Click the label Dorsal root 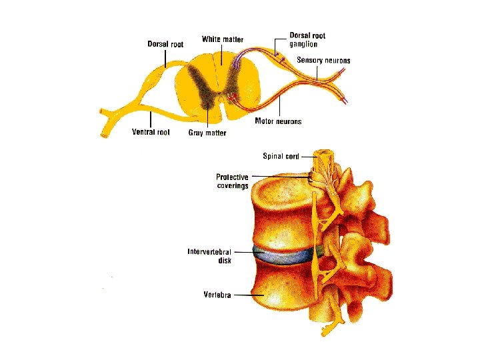(165, 45)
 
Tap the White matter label (223, 39)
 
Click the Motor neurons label (278, 121)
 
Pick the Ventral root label (151, 132)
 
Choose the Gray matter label (207, 133)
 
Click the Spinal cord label (281, 156)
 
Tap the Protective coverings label (232, 181)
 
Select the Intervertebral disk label (209, 256)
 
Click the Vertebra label (217, 295)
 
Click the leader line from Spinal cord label (309, 156)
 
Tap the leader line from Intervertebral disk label (243, 253)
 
